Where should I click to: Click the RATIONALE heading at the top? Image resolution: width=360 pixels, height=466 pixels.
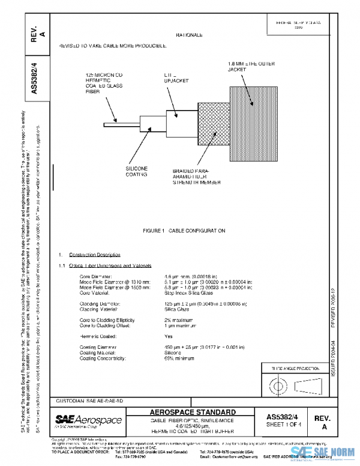[x=189, y=36]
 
